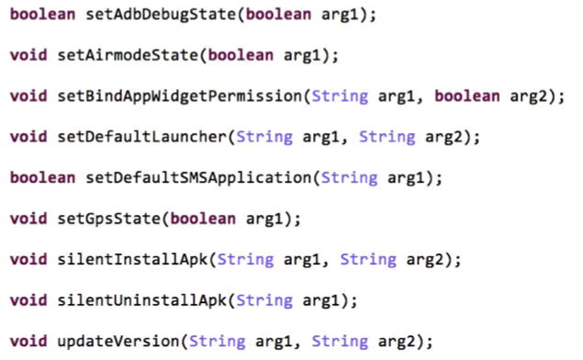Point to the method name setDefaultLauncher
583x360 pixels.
(x=139, y=137)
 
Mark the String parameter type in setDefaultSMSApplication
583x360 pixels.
(x=349, y=177)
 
